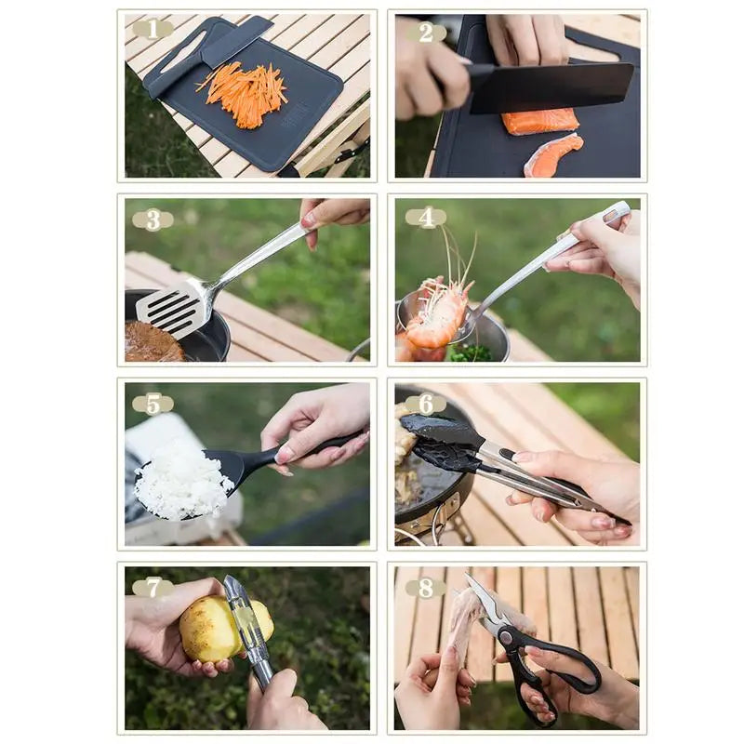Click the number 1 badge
click(152, 29)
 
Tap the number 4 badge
click(425, 218)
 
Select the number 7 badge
click(153, 588)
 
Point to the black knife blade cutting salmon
click(551, 88)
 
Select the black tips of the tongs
click(442, 442)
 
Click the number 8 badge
click(425, 588)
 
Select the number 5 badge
click(153, 404)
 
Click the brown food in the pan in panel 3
click(152, 344)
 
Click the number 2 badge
click(425, 33)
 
